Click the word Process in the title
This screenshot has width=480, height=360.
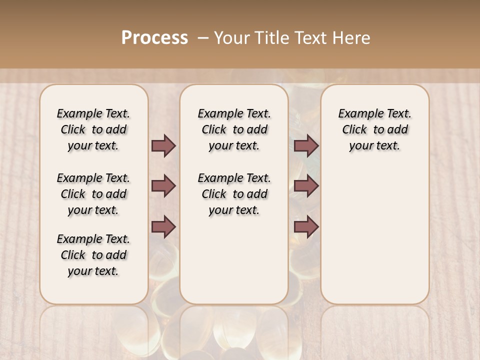tap(154, 37)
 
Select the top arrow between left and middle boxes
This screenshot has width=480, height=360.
tap(163, 145)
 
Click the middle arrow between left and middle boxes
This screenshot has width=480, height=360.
tap(163, 186)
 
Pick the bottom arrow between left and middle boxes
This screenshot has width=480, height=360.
tap(163, 226)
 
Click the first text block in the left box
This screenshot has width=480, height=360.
tap(93, 129)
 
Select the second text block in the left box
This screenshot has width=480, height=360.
tap(93, 194)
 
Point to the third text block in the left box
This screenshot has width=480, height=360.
tap(93, 255)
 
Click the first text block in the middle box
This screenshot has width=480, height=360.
tap(234, 129)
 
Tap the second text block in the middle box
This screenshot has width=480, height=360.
tap(234, 194)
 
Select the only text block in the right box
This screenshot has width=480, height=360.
tap(374, 129)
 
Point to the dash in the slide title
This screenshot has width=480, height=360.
tap(203, 38)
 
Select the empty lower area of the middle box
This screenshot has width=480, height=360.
tap(234, 260)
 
